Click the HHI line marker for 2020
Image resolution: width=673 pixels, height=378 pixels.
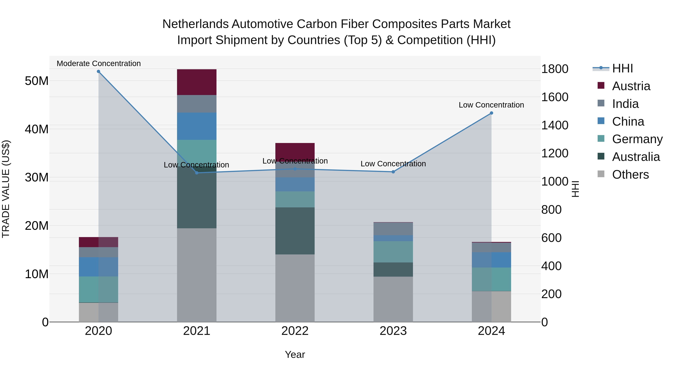coord(99,71)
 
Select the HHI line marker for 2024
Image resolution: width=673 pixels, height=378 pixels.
coord(491,113)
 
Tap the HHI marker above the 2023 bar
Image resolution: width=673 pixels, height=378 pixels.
coord(393,172)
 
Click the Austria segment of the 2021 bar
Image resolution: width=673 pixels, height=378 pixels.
coord(197,82)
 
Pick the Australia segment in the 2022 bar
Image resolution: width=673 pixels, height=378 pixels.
coord(295,231)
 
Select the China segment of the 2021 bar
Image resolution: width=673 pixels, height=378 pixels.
coord(197,126)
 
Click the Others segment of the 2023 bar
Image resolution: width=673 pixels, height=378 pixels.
coord(393,299)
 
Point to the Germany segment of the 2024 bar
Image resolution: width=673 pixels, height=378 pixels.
coord(491,279)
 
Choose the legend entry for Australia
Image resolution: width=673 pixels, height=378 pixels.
coord(636,157)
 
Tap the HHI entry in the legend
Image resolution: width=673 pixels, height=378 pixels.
coord(623,68)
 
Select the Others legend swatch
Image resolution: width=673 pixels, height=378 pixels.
coord(601,174)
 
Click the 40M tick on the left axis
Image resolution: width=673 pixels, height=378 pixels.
coord(37,129)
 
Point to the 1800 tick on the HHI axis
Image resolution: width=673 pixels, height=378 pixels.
coord(555,69)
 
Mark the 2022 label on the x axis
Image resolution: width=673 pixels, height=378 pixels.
coord(295,331)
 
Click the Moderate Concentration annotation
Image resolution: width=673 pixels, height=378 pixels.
coord(99,63)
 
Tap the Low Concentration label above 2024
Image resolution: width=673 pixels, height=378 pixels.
coord(491,105)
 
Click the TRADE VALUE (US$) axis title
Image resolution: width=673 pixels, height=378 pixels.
coord(6,189)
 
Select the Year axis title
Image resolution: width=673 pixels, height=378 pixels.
coord(295,354)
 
